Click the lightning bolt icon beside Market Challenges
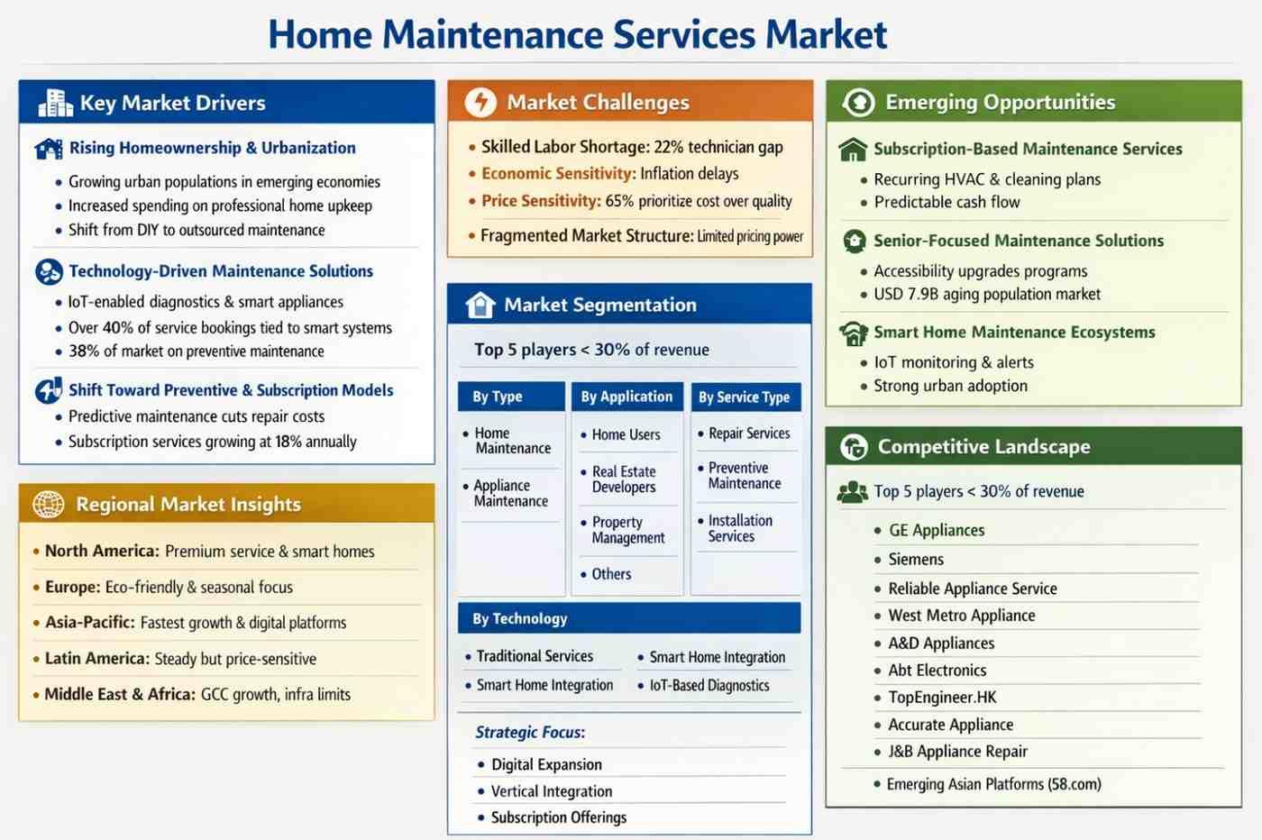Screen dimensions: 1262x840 (480, 102)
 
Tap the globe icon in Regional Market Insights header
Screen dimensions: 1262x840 (48, 504)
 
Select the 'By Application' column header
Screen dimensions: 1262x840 (627, 397)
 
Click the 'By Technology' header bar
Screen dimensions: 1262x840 (629, 618)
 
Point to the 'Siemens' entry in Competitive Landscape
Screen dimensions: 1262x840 (916, 560)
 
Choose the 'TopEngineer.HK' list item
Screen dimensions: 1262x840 (942, 698)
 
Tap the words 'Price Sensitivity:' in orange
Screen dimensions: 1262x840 (541, 201)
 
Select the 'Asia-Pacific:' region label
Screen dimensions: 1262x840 (89, 622)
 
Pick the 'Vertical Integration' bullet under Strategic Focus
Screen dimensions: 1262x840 (551, 791)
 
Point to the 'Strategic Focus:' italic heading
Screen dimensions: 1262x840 (530, 732)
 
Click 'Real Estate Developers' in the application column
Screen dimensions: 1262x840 (624, 479)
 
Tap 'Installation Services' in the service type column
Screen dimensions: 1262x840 (740, 528)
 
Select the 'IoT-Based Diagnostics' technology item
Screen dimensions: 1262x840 (709, 685)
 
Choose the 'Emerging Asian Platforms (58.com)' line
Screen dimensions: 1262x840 (993, 783)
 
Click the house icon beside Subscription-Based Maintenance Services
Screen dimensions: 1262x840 (853, 150)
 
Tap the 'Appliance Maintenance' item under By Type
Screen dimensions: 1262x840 (510, 493)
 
